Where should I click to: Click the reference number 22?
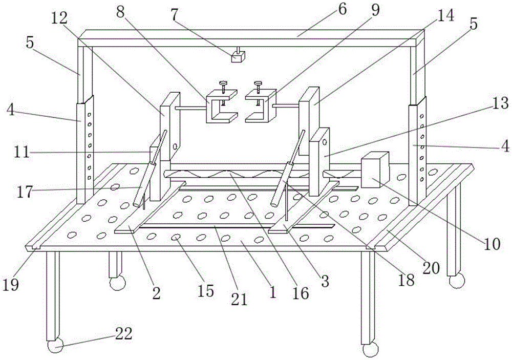[x=122, y=334]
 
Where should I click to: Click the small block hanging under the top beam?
[x=237, y=57]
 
